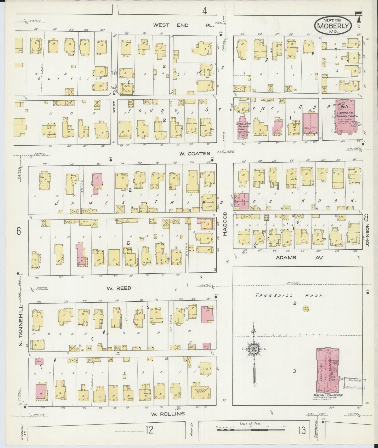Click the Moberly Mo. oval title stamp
(333, 26)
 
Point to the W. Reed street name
(119, 288)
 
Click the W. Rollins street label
(168, 414)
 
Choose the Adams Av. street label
(300, 257)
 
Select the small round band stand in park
(305, 309)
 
